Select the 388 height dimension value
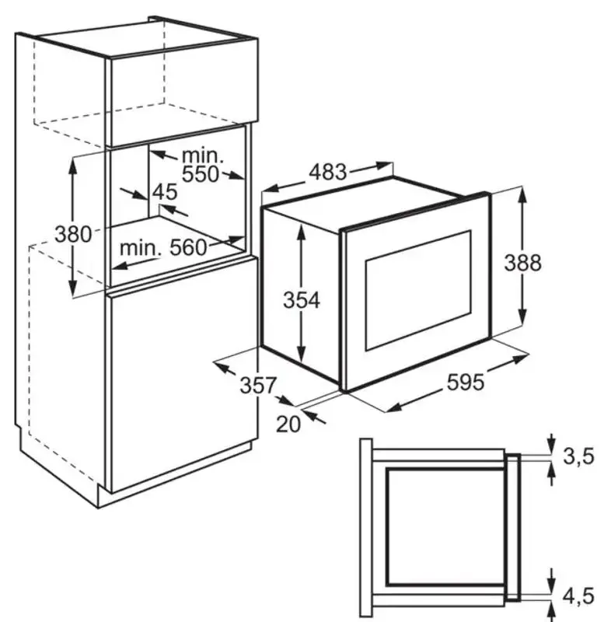522,263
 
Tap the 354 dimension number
301,299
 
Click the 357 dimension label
257,385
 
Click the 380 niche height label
74,233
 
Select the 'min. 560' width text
163,248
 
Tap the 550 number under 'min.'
201,174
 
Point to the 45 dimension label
165,191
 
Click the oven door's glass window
418,290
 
